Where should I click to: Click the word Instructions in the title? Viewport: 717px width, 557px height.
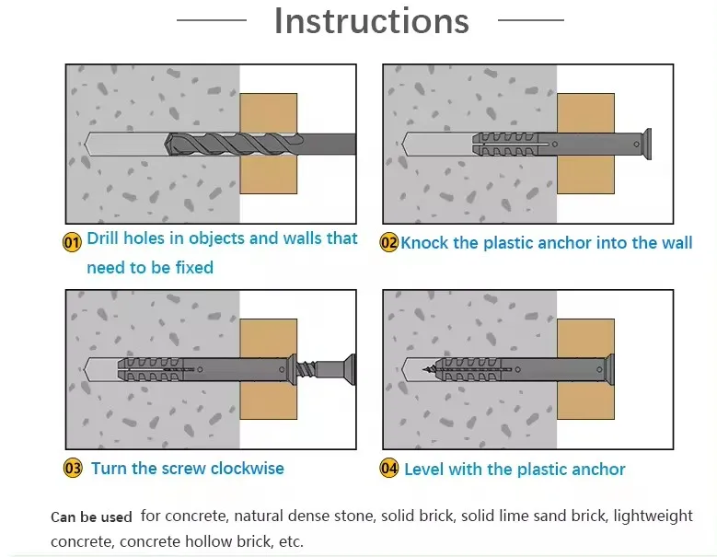pyautogui.click(x=371, y=21)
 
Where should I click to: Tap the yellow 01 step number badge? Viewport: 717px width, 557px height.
pyautogui.click(x=72, y=241)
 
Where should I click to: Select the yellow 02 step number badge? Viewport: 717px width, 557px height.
pyautogui.click(x=389, y=243)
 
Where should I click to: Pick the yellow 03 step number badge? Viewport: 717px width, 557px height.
pyautogui.click(x=73, y=469)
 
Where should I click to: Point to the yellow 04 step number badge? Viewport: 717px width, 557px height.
pyautogui.click(x=389, y=470)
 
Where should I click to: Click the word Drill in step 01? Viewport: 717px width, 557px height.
pyautogui.click(x=105, y=238)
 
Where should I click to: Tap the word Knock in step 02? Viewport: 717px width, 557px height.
pyautogui.click(x=426, y=243)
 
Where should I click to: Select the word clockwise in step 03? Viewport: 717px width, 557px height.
pyautogui.click(x=247, y=469)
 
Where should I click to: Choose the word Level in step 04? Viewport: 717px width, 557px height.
pyautogui.click(x=424, y=470)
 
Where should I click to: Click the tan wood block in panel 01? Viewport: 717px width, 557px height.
pyautogui.click(x=268, y=110)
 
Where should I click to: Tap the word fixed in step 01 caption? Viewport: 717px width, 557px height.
pyautogui.click(x=194, y=268)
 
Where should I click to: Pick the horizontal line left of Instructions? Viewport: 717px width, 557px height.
pyautogui.click(x=211, y=19)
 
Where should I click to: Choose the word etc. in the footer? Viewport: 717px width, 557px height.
pyautogui.click(x=288, y=541)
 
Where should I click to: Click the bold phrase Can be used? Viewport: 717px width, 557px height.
pyautogui.click(x=91, y=516)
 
